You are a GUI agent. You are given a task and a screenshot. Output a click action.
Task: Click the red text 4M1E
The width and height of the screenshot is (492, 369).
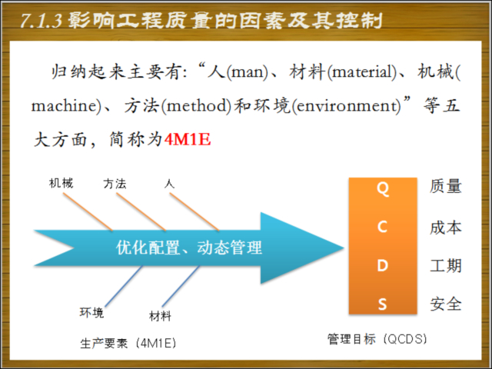[188, 140]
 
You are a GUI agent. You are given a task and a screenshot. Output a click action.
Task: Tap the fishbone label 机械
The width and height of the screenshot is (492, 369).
[61, 184]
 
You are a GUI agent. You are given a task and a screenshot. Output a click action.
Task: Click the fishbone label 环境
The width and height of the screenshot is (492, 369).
[91, 312]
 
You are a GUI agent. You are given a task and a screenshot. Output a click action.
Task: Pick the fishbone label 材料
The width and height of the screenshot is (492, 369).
[160, 316]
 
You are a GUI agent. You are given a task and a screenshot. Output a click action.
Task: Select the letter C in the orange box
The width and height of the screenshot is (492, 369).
[382, 228]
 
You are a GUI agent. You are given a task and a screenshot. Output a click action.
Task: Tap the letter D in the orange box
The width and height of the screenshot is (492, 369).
[382, 266]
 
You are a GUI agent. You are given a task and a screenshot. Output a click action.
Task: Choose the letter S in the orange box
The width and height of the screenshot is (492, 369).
[382, 304]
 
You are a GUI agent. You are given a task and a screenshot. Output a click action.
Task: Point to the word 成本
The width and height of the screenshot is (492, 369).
[446, 228]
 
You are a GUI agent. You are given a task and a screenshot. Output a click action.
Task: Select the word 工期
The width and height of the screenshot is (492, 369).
[446, 266]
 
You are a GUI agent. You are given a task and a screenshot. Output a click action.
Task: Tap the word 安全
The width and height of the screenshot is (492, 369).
[446, 304]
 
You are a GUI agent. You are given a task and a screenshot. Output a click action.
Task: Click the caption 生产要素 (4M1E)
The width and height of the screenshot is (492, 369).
[128, 342]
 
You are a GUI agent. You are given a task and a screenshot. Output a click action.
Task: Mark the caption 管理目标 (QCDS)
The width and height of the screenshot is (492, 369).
[377, 337]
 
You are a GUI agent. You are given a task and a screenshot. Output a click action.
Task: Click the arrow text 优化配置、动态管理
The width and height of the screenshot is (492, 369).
[189, 248]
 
